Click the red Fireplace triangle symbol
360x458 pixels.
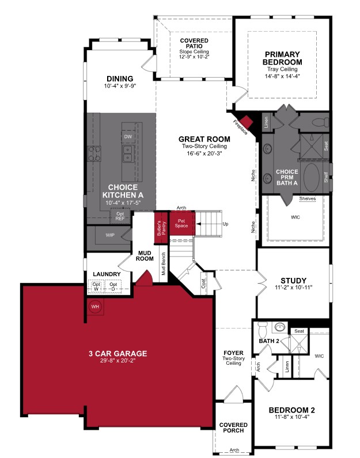coord(247,120)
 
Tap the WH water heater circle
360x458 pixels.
coord(94,306)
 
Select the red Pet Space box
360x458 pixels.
coord(181,223)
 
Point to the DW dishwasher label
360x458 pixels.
coord(128,136)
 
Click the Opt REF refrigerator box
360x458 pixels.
coord(120,216)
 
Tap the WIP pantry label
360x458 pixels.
coord(109,236)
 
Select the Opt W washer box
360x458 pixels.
coord(97,285)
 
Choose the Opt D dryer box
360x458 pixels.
coord(113,285)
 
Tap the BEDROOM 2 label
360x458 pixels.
coord(293,410)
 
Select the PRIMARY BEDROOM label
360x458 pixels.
coord(282,58)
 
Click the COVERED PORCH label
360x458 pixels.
coord(233,428)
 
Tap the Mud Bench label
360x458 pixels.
coord(164,265)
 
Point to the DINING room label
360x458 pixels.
coord(119,79)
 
